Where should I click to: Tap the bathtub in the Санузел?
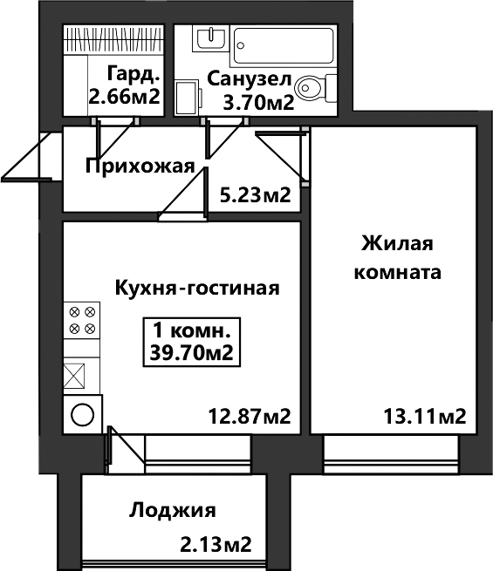click(284, 45)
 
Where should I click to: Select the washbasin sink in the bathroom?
click(210, 38)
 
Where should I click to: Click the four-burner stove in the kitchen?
click(82, 320)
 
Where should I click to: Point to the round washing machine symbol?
click(83, 414)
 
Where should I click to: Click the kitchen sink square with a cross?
click(74, 376)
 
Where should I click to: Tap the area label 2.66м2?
click(125, 97)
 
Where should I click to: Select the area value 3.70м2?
click(258, 104)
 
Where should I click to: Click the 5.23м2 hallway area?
click(256, 195)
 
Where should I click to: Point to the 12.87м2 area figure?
click(250, 416)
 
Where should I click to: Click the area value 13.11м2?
click(425, 416)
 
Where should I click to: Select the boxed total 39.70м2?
click(192, 353)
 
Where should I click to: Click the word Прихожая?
click(140, 167)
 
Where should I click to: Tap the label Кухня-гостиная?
click(197, 289)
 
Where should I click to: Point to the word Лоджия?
click(173, 511)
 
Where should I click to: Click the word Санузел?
click(250, 79)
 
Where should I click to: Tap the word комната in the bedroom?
click(398, 272)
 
